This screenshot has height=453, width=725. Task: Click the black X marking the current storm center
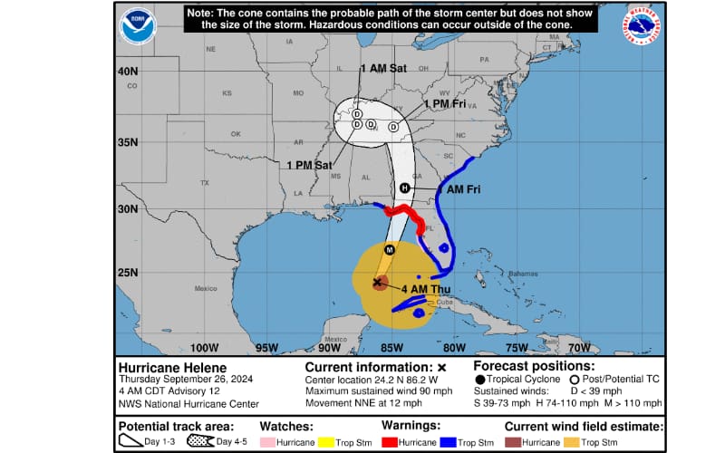(x=378, y=283)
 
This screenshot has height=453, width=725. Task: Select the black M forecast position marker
(x=390, y=249)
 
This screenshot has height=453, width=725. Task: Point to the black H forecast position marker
(x=405, y=188)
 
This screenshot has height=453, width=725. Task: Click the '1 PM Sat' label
(x=308, y=165)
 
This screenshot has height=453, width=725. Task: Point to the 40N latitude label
(x=127, y=71)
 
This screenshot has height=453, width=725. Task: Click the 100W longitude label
(x=205, y=347)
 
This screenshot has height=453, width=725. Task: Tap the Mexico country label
(x=208, y=288)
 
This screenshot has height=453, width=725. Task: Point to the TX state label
(x=205, y=182)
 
